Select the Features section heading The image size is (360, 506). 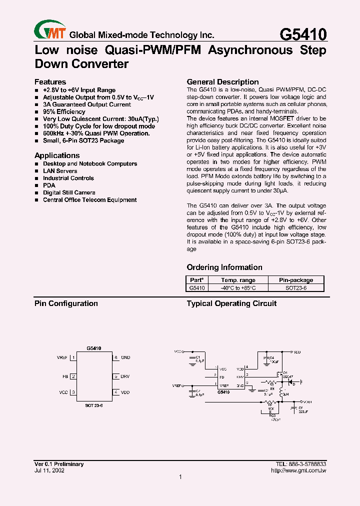point(50,82)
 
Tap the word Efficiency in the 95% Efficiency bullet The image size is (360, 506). point(71,112)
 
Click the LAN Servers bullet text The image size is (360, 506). point(60,171)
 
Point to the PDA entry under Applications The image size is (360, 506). point(49,185)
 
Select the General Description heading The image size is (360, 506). point(222,82)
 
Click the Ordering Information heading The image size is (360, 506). point(224,267)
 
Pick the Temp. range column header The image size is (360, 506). point(238,280)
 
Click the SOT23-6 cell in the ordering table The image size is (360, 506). point(295,288)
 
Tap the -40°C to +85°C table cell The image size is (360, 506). point(238,288)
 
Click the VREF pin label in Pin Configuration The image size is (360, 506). point(62,358)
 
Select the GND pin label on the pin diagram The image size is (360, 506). point(125,358)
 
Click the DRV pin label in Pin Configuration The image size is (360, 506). point(125,376)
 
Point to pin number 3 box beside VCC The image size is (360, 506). point(73,392)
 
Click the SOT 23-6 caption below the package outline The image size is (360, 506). point(94,406)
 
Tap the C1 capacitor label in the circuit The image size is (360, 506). point(198,357)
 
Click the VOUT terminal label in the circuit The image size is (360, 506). point(307,401)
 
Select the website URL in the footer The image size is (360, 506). point(298,470)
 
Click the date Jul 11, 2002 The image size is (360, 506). point(49,470)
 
